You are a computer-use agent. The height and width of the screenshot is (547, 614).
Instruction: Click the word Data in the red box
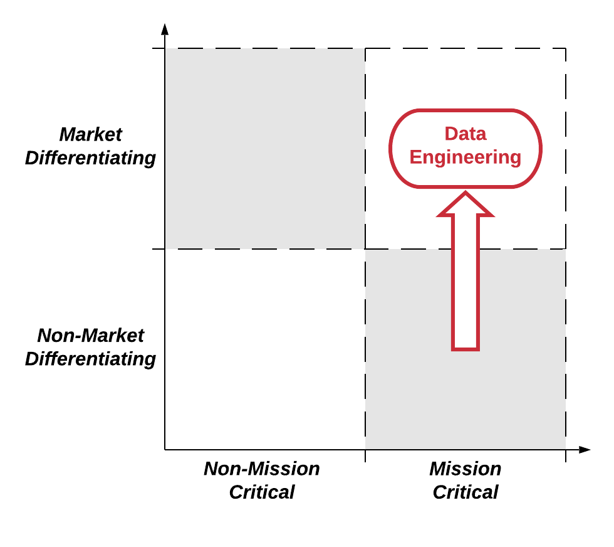[465, 134]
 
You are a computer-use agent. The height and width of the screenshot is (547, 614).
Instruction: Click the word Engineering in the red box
[465, 157]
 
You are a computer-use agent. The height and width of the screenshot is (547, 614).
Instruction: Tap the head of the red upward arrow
[466, 206]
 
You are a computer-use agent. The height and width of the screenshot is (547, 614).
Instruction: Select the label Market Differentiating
[90, 146]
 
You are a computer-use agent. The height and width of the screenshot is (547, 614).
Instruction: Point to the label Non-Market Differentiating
[90, 347]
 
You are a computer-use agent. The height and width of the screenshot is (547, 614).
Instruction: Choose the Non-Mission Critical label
[262, 481]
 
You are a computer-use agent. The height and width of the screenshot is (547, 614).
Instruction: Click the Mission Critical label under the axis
[465, 481]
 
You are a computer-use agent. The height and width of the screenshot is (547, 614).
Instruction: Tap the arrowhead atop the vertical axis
[165, 29]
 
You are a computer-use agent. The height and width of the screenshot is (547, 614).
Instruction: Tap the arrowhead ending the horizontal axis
[584, 450]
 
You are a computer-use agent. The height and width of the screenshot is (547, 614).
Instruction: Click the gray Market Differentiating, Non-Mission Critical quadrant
[265, 149]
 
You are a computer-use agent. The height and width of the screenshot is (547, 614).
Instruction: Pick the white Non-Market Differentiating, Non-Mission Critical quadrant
[265, 349]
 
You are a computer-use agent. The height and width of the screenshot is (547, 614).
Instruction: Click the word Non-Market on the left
[90, 336]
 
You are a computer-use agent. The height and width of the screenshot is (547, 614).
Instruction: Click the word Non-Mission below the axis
[262, 469]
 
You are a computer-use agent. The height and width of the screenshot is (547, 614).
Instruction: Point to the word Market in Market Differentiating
[90, 135]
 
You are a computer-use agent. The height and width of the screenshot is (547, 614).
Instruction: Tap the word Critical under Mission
[465, 492]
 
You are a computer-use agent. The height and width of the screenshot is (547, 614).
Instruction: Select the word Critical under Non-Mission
[262, 492]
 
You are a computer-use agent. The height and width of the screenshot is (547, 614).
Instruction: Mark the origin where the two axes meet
[165, 450]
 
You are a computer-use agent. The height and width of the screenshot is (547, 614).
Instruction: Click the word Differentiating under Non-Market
[90, 359]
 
